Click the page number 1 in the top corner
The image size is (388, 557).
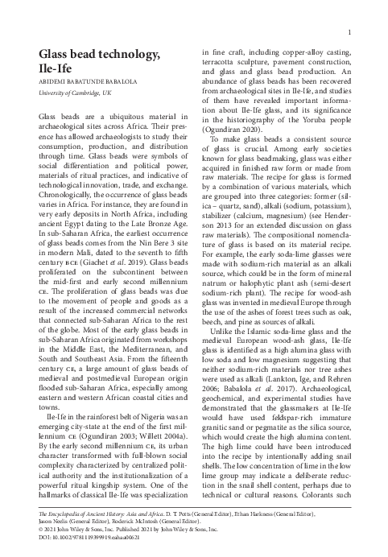coord(355,32)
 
